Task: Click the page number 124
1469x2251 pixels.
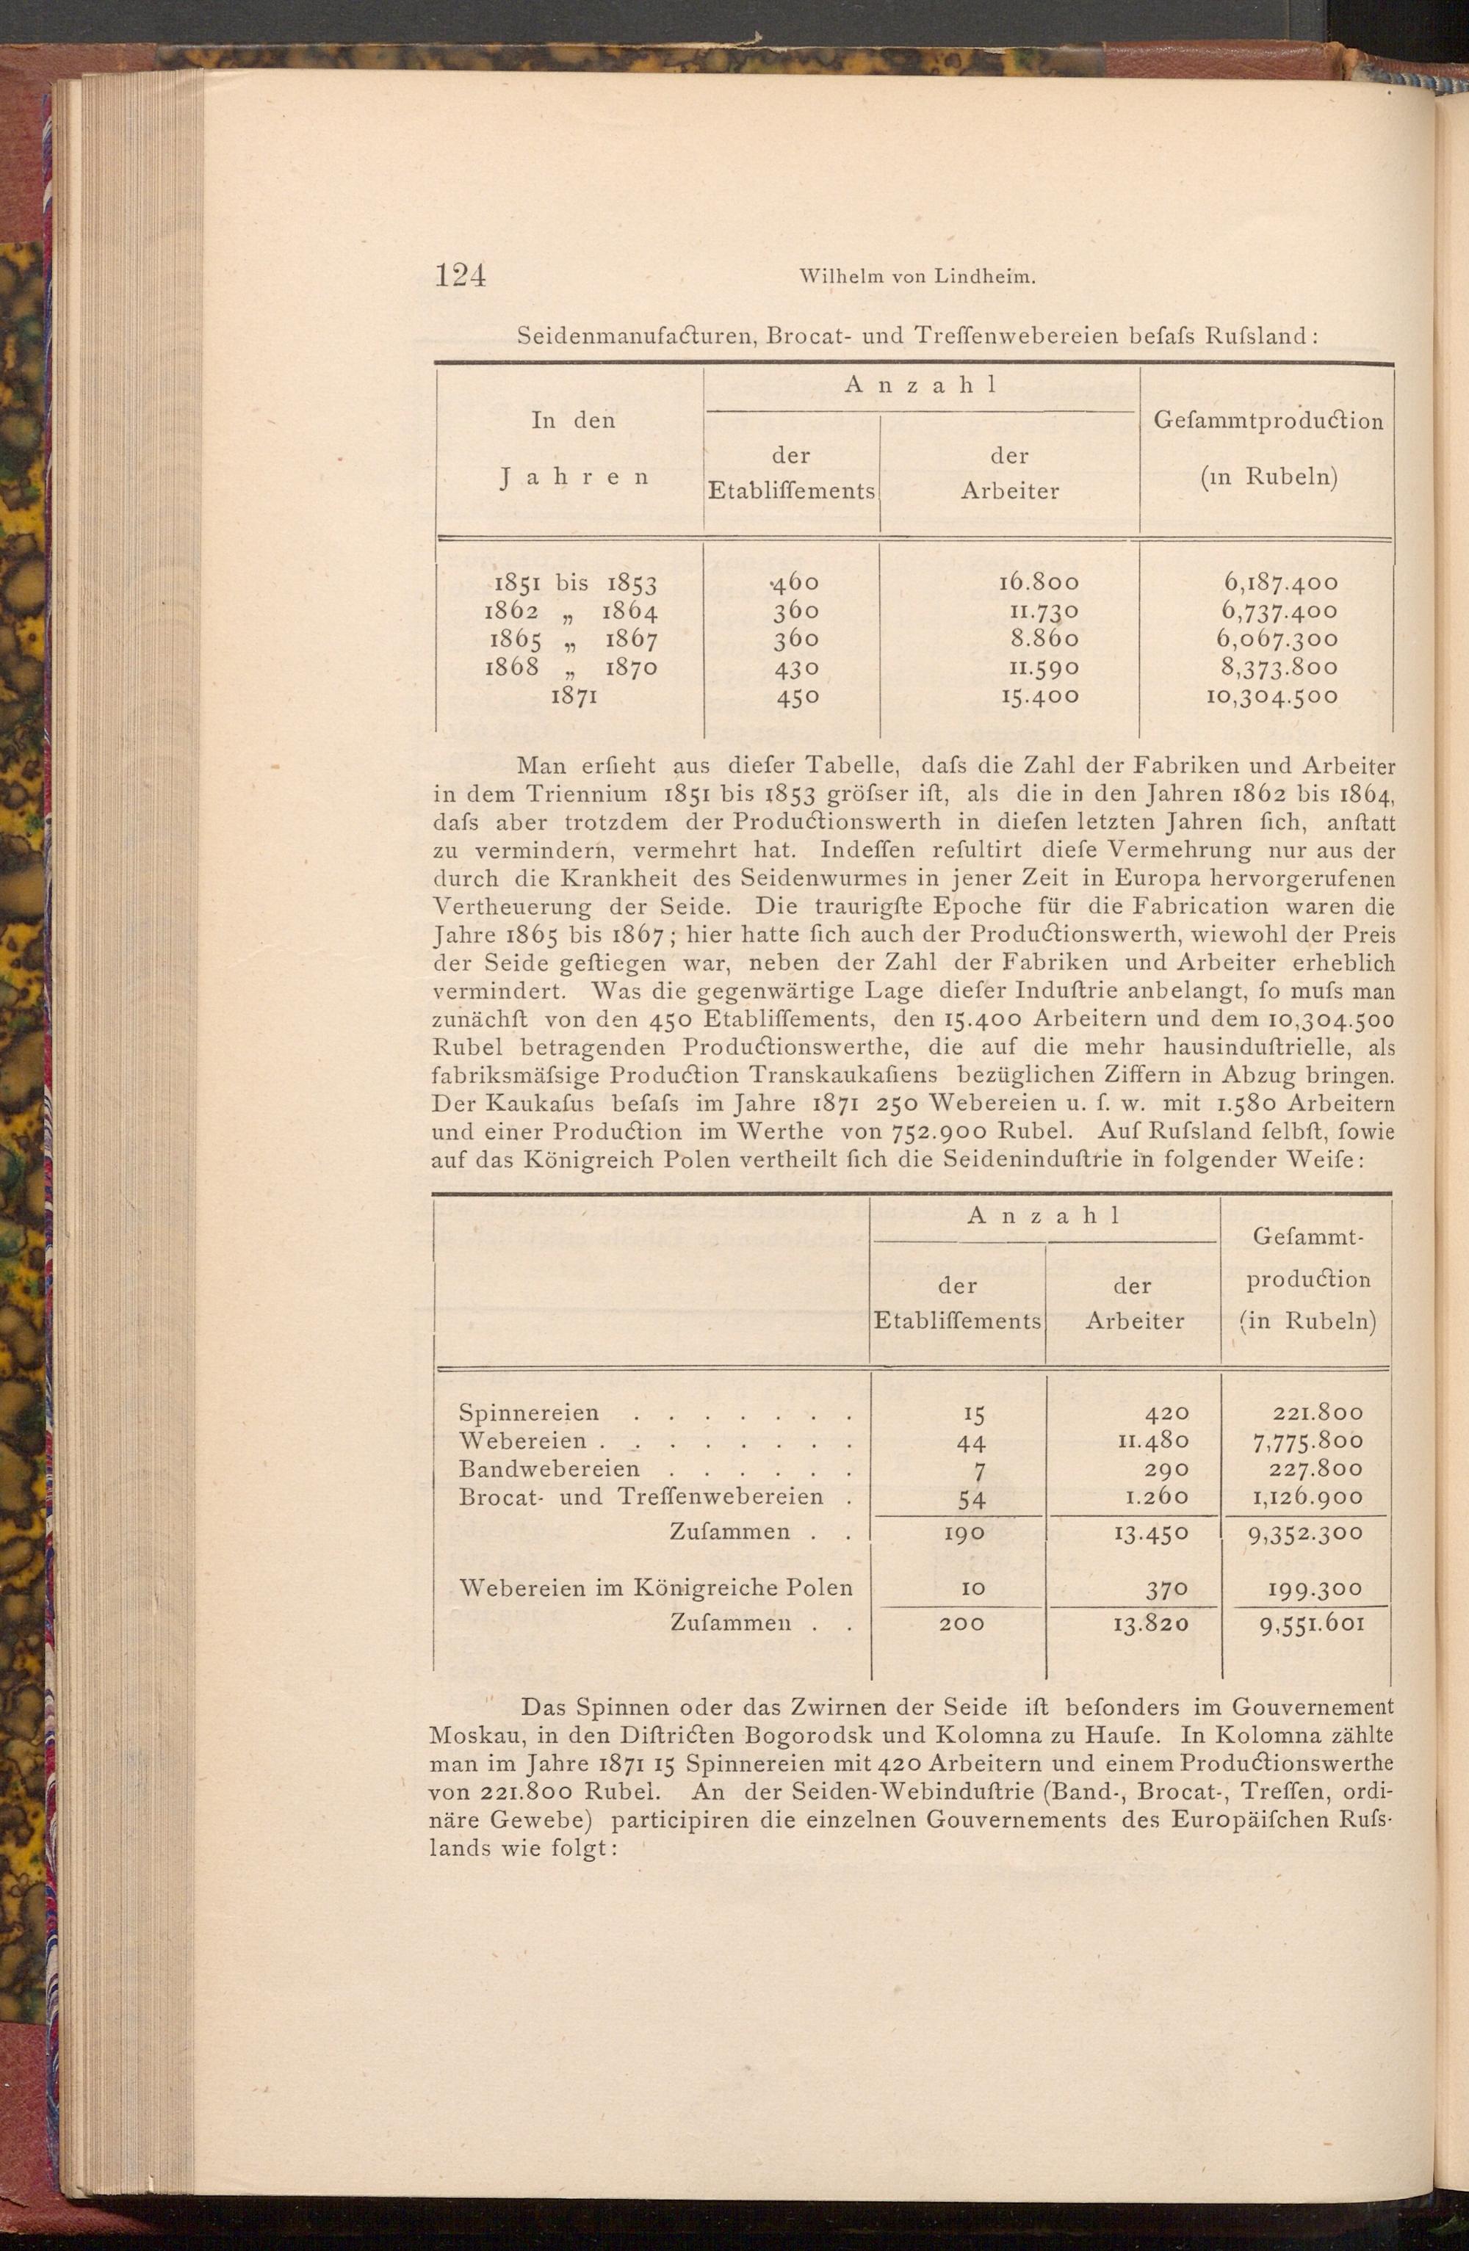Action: pos(460,275)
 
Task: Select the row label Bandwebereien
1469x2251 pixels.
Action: pos(549,1469)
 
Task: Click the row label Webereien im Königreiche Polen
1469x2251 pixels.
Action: pos(655,1588)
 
